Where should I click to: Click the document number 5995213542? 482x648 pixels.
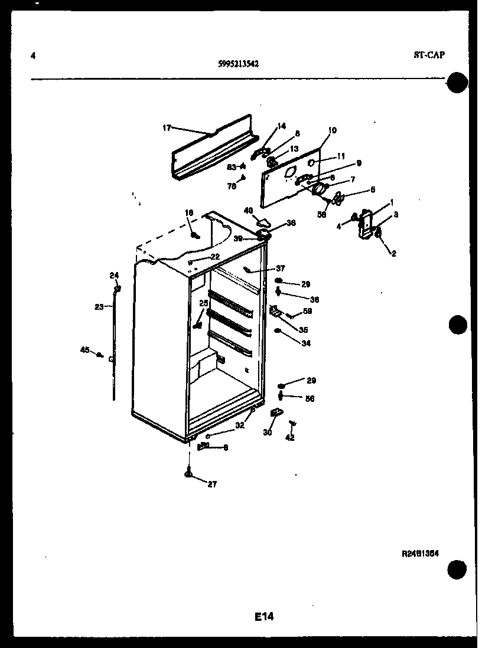pos(238,64)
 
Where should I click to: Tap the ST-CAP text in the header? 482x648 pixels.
pos(429,55)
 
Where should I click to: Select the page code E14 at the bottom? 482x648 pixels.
pos(264,617)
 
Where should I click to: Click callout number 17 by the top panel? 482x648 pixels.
pos(166,127)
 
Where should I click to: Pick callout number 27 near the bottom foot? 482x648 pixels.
pos(212,484)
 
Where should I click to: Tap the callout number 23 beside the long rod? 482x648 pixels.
pos(99,306)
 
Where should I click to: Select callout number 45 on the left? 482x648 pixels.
pos(84,350)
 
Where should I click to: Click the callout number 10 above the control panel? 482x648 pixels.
pos(332,130)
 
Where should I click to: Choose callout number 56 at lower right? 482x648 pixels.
pos(310,398)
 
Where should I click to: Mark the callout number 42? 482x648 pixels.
pos(289,437)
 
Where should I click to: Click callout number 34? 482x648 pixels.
pos(305,343)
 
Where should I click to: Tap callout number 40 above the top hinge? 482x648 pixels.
pos(248,210)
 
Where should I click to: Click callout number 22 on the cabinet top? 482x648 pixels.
pos(215,256)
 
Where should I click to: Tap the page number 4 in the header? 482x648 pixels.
pos(33,56)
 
